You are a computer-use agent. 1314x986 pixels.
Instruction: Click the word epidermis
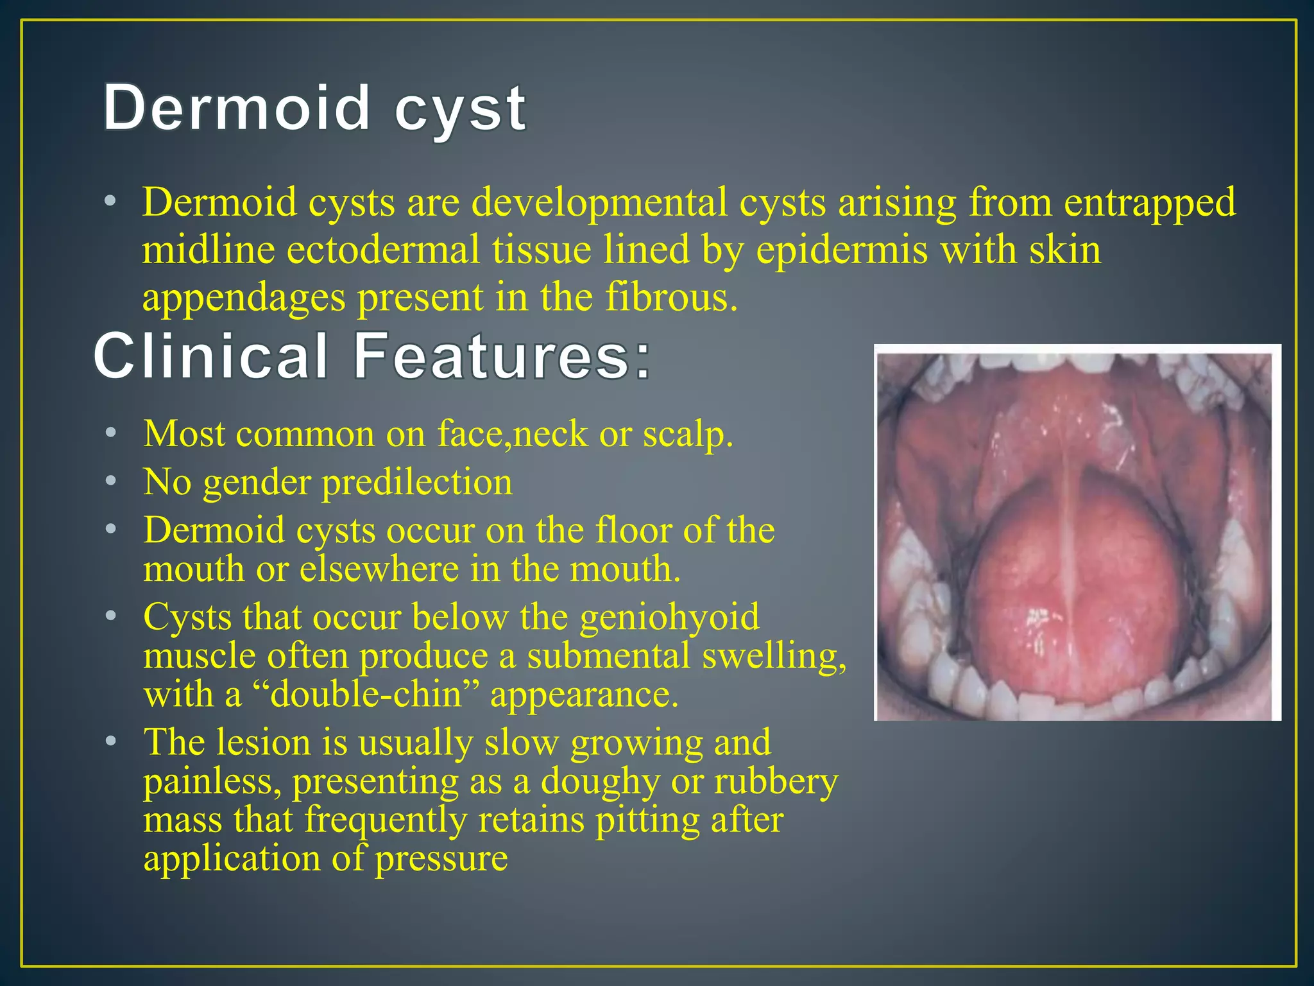841,250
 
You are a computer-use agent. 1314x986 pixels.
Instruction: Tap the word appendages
243,298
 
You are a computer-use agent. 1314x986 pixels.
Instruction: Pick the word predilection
417,483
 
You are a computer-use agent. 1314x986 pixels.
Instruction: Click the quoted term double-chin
366,695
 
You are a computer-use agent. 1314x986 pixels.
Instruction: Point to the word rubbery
776,782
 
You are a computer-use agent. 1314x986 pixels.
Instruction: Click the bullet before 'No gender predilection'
111,481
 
